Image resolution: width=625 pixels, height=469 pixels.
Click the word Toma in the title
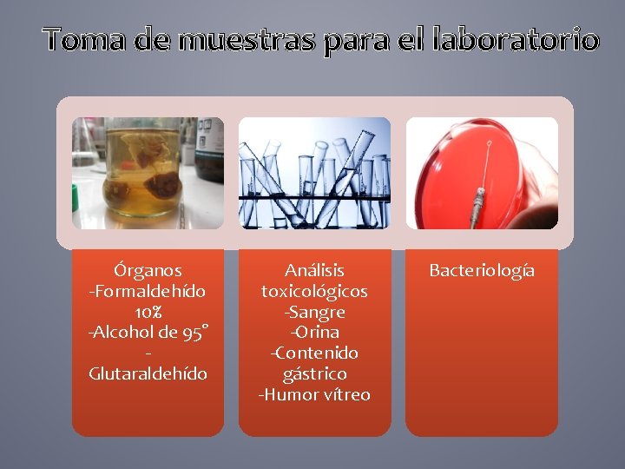click(x=84, y=39)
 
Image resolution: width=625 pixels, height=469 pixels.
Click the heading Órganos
click(x=148, y=270)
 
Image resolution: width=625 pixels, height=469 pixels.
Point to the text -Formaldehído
click(x=148, y=291)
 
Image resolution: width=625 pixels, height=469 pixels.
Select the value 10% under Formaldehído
click(x=148, y=312)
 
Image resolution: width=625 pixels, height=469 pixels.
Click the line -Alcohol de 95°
click(x=148, y=333)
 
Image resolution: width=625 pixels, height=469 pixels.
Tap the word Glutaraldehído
click(x=148, y=373)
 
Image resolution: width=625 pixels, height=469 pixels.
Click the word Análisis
click(x=314, y=270)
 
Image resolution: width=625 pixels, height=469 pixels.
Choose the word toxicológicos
click(x=314, y=291)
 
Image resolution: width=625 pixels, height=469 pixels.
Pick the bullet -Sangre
click(x=314, y=312)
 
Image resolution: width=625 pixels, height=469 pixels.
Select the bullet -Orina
click(x=314, y=333)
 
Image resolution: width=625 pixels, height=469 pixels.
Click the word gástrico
click(x=314, y=373)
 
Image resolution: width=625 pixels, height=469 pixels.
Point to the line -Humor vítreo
click(x=314, y=394)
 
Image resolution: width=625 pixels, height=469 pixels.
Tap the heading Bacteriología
click(x=482, y=270)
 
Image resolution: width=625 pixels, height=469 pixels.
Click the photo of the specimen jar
click(x=148, y=173)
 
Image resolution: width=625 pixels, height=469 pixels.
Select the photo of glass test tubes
click(x=314, y=173)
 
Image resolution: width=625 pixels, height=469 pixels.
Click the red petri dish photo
click(x=482, y=173)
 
